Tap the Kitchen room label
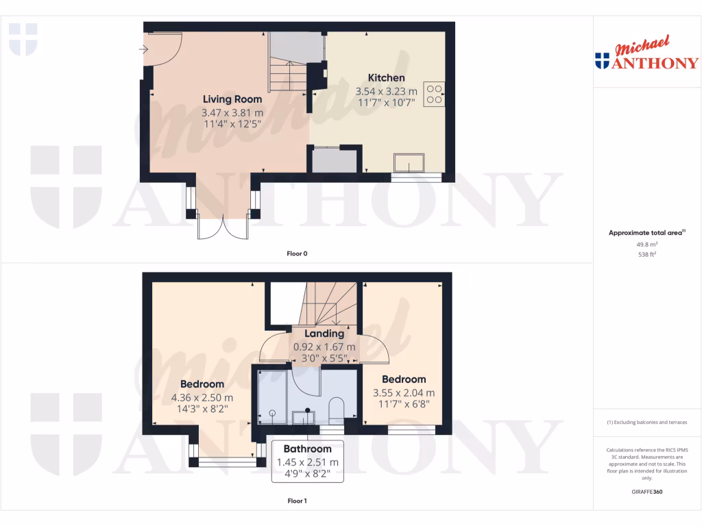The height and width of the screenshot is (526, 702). (x=386, y=77)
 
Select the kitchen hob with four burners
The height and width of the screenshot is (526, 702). (x=434, y=94)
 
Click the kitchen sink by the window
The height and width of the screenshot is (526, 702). (x=409, y=163)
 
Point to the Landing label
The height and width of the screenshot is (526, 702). (x=324, y=334)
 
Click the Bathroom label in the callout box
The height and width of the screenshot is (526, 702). (x=308, y=449)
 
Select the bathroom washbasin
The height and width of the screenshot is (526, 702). (x=302, y=416)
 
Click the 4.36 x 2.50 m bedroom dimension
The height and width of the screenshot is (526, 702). (x=202, y=397)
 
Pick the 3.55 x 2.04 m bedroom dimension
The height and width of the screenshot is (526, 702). (x=404, y=393)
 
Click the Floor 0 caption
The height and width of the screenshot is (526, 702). (x=297, y=253)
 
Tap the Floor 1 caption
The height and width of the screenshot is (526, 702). (x=297, y=501)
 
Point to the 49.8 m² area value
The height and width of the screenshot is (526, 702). (x=647, y=244)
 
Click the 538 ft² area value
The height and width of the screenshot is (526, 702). (x=647, y=254)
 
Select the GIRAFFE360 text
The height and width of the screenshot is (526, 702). (x=647, y=492)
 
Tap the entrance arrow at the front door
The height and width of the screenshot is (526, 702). (x=143, y=49)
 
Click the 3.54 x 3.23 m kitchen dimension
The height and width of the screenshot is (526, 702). (x=386, y=91)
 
